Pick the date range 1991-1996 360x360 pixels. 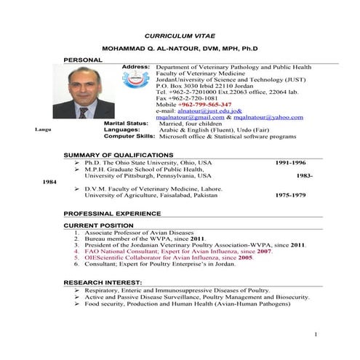(x=290, y=163)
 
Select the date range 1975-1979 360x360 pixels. (x=290, y=195)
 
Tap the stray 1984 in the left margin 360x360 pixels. (x=50, y=182)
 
